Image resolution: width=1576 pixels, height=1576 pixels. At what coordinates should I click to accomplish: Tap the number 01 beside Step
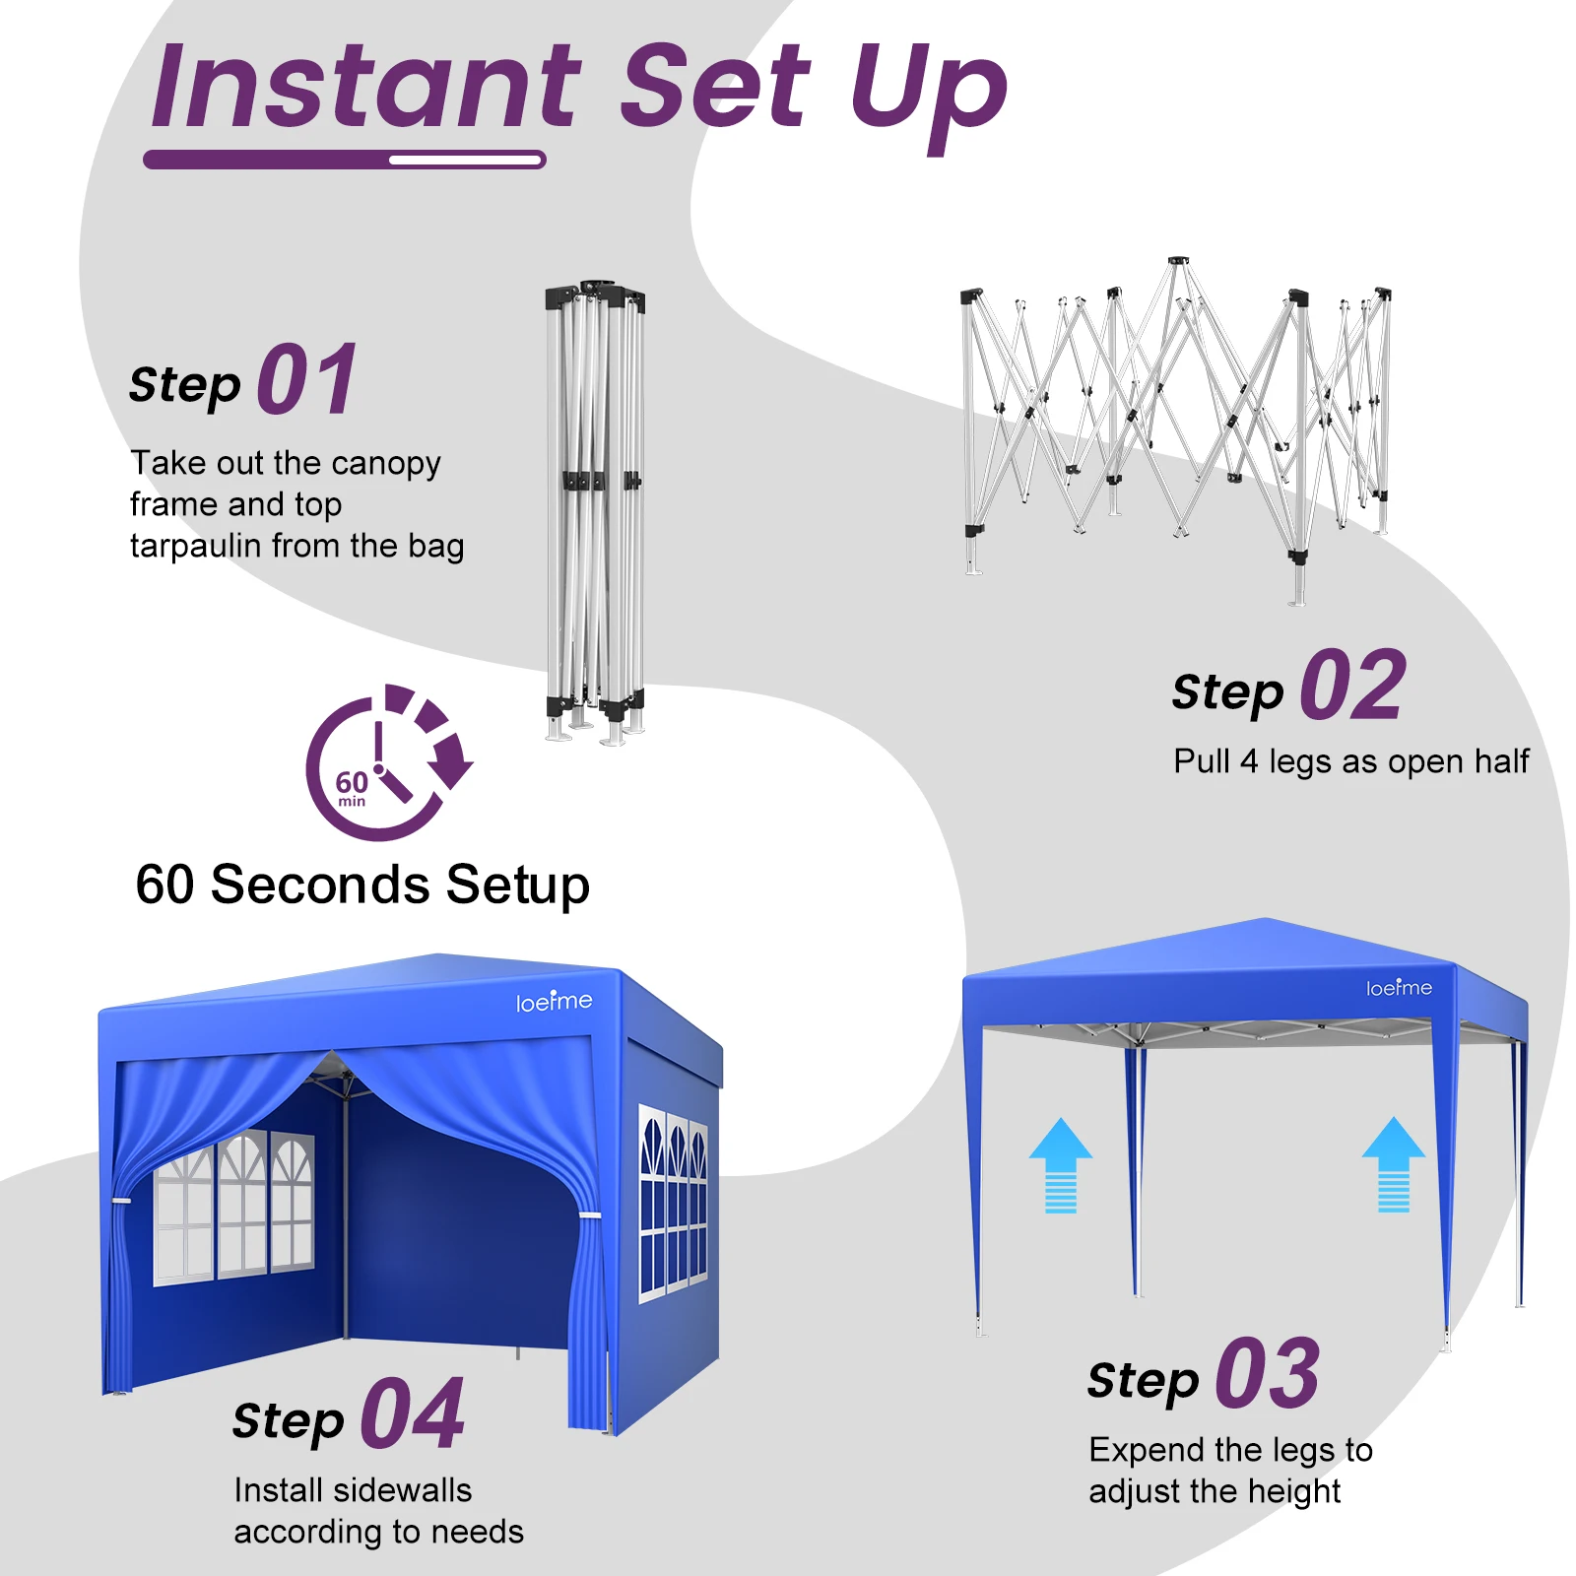[x=307, y=379]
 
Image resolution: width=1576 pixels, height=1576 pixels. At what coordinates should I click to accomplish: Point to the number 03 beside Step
[x=1268, y=1373]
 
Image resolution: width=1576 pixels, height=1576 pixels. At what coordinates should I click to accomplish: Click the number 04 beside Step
[x=413, y=1413]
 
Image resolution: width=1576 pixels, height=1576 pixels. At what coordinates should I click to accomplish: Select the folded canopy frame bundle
[x=596, y=512]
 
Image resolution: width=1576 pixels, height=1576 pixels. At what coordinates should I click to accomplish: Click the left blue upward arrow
[x=1060, y=1164]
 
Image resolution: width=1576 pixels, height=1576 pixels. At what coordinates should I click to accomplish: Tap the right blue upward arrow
[x=1393, y=1163]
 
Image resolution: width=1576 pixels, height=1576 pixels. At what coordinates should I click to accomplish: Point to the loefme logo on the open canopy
[x=1399, y=987]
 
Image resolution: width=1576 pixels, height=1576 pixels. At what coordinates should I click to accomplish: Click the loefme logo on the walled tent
[x=554, y=1001]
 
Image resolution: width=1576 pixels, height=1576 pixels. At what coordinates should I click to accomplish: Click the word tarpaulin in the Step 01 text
[x=196, y=547]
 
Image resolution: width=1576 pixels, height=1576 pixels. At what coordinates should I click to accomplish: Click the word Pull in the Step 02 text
[x=1201, y=760]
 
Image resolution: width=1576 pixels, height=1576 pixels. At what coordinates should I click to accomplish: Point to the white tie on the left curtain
[x=121, y=1202]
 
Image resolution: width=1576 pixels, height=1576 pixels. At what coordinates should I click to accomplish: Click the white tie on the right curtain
[x=590, y=1215]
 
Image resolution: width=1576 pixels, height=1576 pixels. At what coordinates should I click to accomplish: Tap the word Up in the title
[x=929, y=94]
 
